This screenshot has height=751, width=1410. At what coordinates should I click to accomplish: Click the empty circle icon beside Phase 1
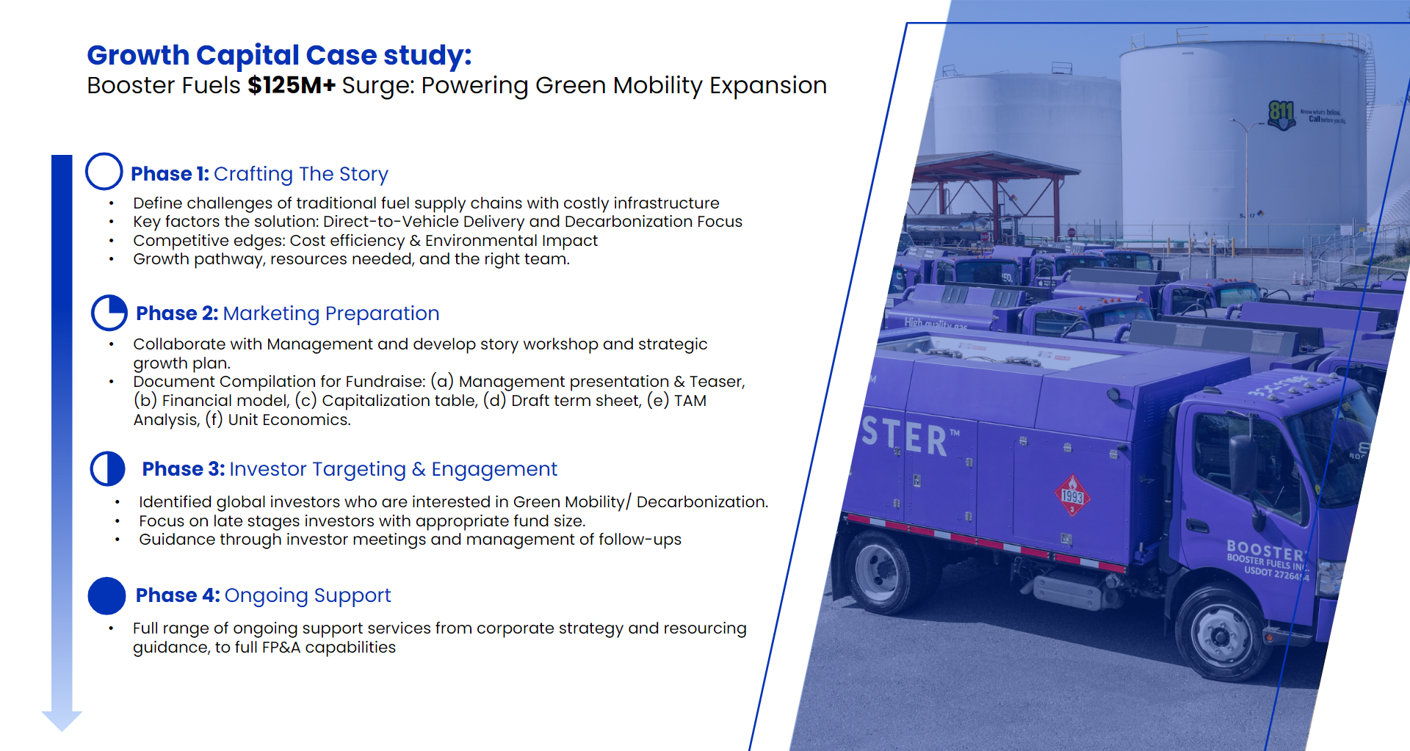(104, 172)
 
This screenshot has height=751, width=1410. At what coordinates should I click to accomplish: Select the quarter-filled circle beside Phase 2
(109, 313)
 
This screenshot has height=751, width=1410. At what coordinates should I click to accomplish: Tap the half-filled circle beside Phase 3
(108, 469)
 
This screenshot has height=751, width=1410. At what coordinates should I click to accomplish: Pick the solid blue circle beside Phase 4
(107, 595)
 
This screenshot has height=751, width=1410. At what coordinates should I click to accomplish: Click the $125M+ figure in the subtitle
(291, 86)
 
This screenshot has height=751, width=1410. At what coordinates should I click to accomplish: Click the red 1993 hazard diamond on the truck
(1072, 495)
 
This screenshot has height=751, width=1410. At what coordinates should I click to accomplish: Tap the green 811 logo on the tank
(1281, 114)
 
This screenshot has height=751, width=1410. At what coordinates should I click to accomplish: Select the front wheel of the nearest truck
(1220, 634)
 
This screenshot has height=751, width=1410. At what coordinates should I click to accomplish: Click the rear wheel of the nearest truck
(879, 570)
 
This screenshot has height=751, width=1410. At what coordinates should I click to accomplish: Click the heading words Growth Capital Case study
(279, 56)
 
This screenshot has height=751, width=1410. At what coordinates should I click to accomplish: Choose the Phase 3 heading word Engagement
(494, 469)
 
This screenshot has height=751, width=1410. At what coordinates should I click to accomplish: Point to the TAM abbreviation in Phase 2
(690, 401)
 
